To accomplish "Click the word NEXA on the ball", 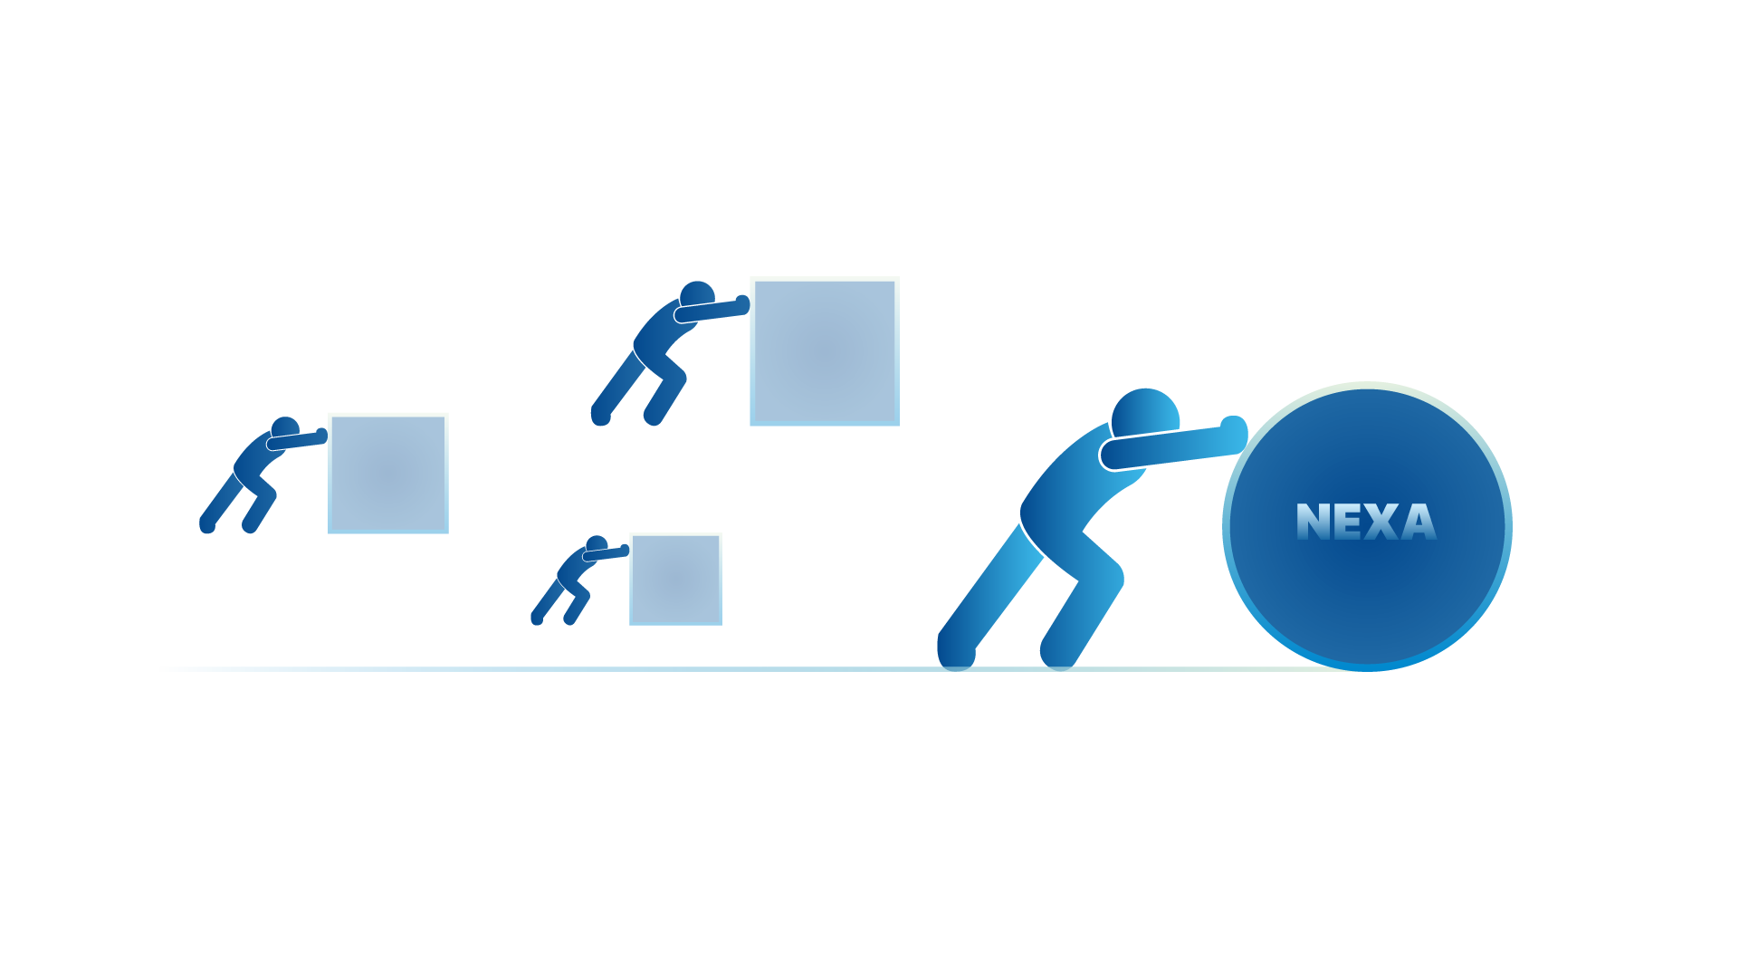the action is click(1366, 522).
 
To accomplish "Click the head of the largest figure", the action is click(1145, 416).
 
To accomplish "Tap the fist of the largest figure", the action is click(1234, 430).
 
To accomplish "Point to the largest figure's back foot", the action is click(955, 651).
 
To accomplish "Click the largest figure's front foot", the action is click(1058, 651).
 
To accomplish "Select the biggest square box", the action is click(825, 351).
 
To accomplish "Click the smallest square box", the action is click(675, 579).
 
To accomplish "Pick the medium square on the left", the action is click(388, 473).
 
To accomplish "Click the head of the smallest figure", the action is click(597, 544).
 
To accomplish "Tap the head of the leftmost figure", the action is click(285, 427).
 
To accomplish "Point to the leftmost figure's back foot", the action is click(207, 524).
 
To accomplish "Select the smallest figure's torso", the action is click(572, 569).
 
